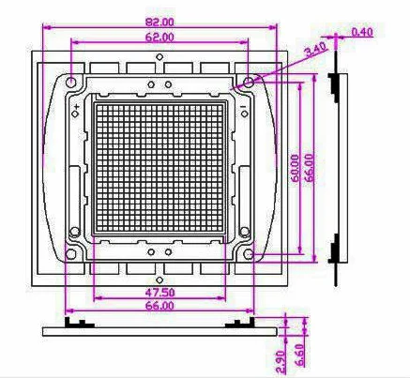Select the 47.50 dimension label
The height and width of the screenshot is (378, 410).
[159, 292]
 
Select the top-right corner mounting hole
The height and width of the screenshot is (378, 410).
[248, 83]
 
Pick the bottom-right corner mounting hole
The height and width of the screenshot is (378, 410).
[248, 254]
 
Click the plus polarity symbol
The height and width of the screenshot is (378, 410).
[76, 109]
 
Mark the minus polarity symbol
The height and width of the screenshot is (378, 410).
[244, 109]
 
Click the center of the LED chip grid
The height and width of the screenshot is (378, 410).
[159, 169]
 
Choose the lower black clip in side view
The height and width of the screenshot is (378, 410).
[335, 254]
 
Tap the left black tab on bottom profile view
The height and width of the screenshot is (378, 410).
[75, 323]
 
